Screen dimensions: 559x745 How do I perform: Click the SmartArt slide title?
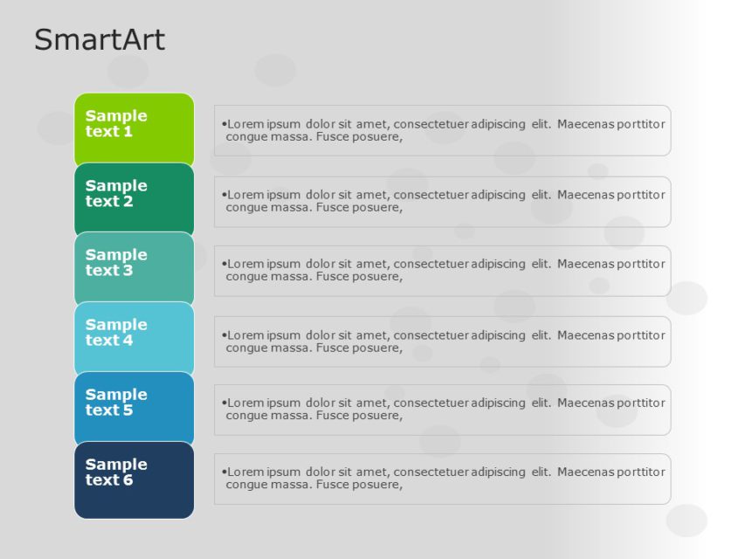pos(99,40)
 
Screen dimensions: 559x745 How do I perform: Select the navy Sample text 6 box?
pos(134,477)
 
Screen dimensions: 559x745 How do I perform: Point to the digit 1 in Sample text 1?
pos(128,132)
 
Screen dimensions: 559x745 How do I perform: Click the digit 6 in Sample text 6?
pos(128,480)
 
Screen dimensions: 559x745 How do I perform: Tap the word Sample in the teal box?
pos(116,255)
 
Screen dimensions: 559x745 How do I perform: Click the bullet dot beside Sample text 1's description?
pos(224,124)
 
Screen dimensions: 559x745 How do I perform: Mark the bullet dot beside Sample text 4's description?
pos(224,335)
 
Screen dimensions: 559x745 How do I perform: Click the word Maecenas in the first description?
pos(585,124)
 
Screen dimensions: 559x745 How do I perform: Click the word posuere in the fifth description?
pos(377,416)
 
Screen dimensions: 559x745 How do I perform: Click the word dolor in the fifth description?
pos(321,403)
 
